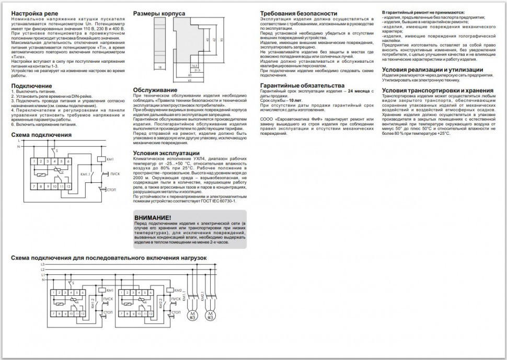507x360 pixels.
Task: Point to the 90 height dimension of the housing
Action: click(x=222, y=40)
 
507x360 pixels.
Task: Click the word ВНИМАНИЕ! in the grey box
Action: click(x=152, y=217)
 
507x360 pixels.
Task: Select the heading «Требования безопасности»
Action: click(x=298, y=13)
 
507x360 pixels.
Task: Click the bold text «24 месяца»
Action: click(x=355, y=91)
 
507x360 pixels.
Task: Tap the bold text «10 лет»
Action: click(x=294, y=99)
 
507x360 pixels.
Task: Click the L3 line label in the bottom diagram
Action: click(x=42, y=265)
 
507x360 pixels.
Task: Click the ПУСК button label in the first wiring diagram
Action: click(x=115, y=173)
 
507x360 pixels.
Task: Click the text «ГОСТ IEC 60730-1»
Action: click(x=219, y=201)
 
